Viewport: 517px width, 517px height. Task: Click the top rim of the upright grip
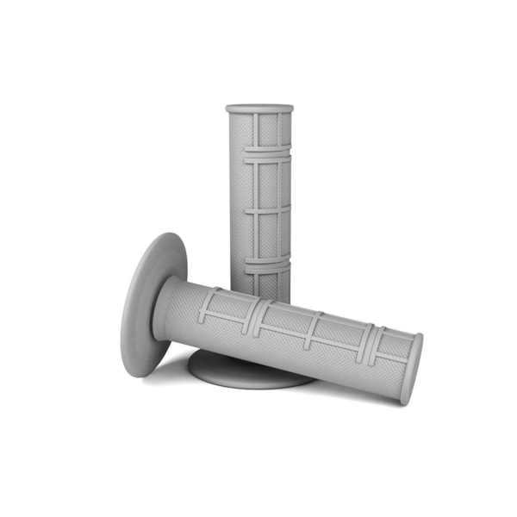coord(259,109)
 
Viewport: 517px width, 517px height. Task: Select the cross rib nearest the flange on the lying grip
coord(209,307)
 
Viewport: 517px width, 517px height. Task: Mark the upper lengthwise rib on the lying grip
coord(293,311)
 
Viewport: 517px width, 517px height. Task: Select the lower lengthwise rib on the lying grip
coord(284,337)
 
